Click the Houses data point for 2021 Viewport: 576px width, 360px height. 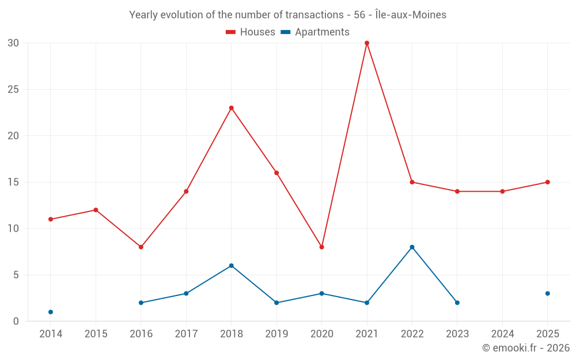pyautogui.click(x=366, y=43)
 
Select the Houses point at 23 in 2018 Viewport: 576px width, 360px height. pyautogui.click(x=231, y=108)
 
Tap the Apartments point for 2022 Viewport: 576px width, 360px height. pyautogui.click(x=412, y=247)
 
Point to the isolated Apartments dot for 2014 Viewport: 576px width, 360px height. pyautogui.click(x=51, y=312)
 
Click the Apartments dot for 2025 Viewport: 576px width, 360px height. pyautogui.click(x=547, y=294)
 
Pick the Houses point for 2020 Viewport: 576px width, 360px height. pyautogui.click(x=321, y=247)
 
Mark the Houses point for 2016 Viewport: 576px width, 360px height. pyautogui.click(x=141, y=247)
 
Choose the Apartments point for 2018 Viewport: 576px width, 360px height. pyautogui.click(x=231, y=266)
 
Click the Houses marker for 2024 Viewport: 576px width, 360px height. pyautogui.click(x=502, y=191)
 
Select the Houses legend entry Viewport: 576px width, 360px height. pyautogui.click(x=250, y=32)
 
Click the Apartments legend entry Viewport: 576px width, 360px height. pyautogui.click(x=315, y=32)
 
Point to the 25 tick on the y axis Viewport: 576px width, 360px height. pyautogui.click(x=13, y=89)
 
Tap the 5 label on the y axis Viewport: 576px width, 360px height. pyautogui.click(x=16, y=275)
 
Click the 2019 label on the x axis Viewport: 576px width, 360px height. pyautogui.click(x=276, y=334)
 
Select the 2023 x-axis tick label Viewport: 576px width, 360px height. pyautogui.click(x=457, y=334)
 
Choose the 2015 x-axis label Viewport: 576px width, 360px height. pyautogui.click(x=96, y=334)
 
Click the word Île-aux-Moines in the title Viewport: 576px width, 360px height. pyautogui.click(x=411, y=15)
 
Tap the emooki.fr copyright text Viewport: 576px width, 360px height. pyautogui.click(x=526, y=347)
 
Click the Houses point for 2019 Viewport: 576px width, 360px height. pyautogui.click(x=276, y=173)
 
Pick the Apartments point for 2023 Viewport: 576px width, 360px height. pyautogui.click(x=457, y=303)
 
